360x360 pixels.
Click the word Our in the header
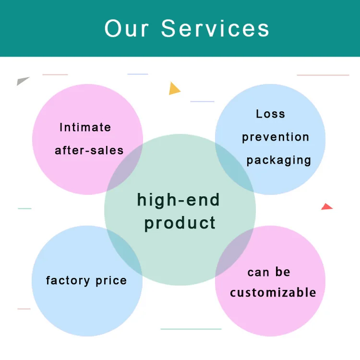click(127, 28)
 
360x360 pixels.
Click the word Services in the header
click(215, 28)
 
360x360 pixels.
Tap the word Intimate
click(85, 127)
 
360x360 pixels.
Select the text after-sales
click(89, 150)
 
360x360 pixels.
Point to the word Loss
click(271, 114)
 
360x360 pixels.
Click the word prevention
click(276, 138)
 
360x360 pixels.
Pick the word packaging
click(279, 160)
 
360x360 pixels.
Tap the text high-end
click(179, 200)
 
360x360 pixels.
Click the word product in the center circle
click(180, 223)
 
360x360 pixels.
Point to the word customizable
click(273, 293)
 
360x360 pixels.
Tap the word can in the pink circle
click(258, 273)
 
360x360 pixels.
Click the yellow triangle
click(174, 89)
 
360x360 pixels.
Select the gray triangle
click(22, 81)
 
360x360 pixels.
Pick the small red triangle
click(327, 207)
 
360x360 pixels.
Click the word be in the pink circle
click(283, 272)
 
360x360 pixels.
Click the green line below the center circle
click(191, 329)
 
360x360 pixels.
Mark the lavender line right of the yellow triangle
click(202, 101)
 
